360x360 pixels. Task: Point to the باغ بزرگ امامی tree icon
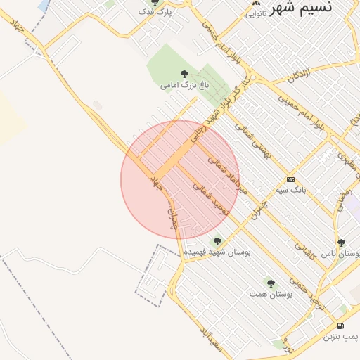(184, 75)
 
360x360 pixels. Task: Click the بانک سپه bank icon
(291, 180)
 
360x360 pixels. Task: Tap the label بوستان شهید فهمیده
(217, 250)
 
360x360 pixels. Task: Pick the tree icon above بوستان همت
(271, 284)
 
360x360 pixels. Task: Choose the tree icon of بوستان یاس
(341, 243)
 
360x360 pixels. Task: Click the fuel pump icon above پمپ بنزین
(341, 326)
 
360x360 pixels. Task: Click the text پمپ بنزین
(341, 337)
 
